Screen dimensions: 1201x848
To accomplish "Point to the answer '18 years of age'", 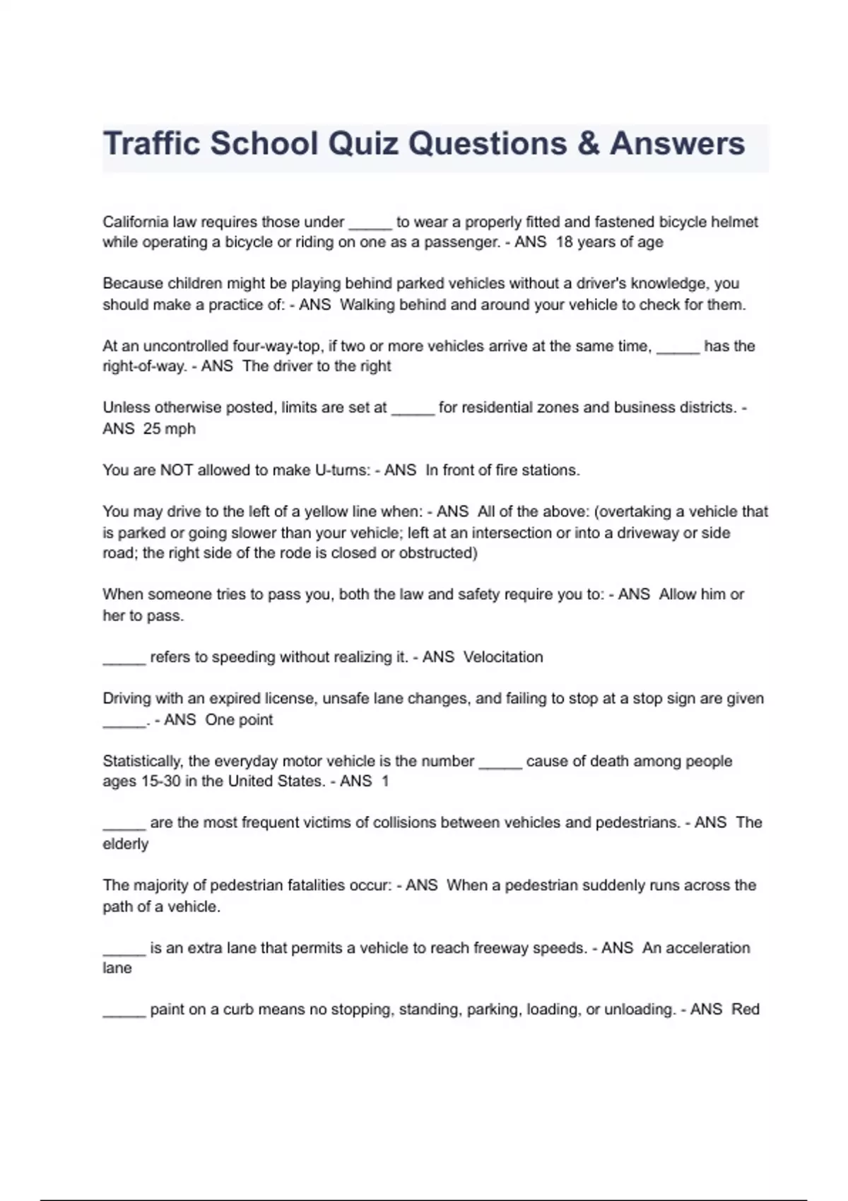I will tap(609, 242).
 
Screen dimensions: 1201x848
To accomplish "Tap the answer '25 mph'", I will tap(169, 429).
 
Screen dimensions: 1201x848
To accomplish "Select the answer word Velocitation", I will tap(503, 657).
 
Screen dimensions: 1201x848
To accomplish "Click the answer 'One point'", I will tap(239, 720).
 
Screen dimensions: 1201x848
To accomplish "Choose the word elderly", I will tap(126, 844).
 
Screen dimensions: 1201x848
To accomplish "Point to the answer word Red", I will tap(745, 1010).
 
